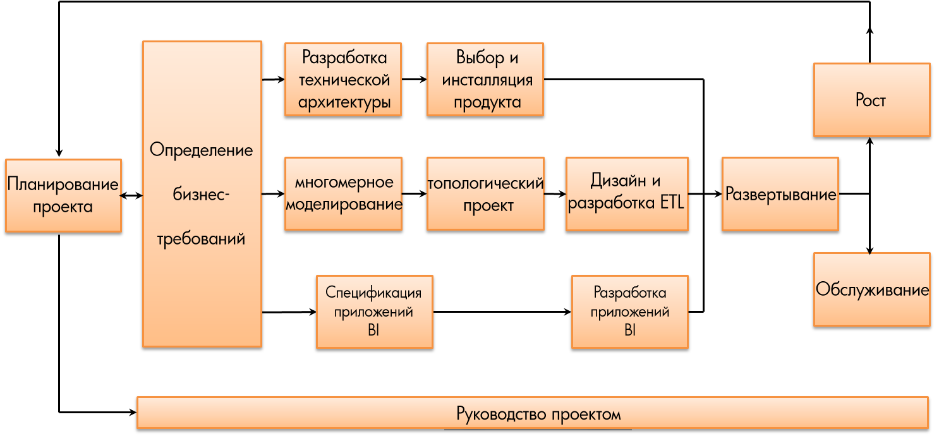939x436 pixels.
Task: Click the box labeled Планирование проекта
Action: coord(63,195)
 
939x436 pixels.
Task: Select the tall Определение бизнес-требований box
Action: coord(202,194)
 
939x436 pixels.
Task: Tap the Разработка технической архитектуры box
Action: coord(343,79)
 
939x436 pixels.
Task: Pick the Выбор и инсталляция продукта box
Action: coord(485,79)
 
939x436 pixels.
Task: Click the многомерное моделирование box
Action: coord(343,193)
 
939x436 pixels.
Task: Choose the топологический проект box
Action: coord(485,193)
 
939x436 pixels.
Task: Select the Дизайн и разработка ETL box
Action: coord(627,193)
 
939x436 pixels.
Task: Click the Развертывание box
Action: coord(780,193)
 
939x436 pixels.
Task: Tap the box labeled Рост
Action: coord(871,100)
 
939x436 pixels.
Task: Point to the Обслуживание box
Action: coord(871,289)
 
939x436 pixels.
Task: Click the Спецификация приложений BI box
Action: coord(374,312)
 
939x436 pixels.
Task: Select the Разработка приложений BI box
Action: coord(629,312)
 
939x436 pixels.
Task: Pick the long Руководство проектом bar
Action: coord(532,413)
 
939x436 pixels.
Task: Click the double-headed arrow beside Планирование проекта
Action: coord(131,196)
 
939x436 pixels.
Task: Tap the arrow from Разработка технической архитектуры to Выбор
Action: coord(414,80)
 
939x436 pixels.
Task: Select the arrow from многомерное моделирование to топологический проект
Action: coord(414,194)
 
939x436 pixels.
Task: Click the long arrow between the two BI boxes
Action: coord(502,312)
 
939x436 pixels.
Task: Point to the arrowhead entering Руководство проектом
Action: coord(133,413)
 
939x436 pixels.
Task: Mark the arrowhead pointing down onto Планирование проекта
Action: coord(59,153)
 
